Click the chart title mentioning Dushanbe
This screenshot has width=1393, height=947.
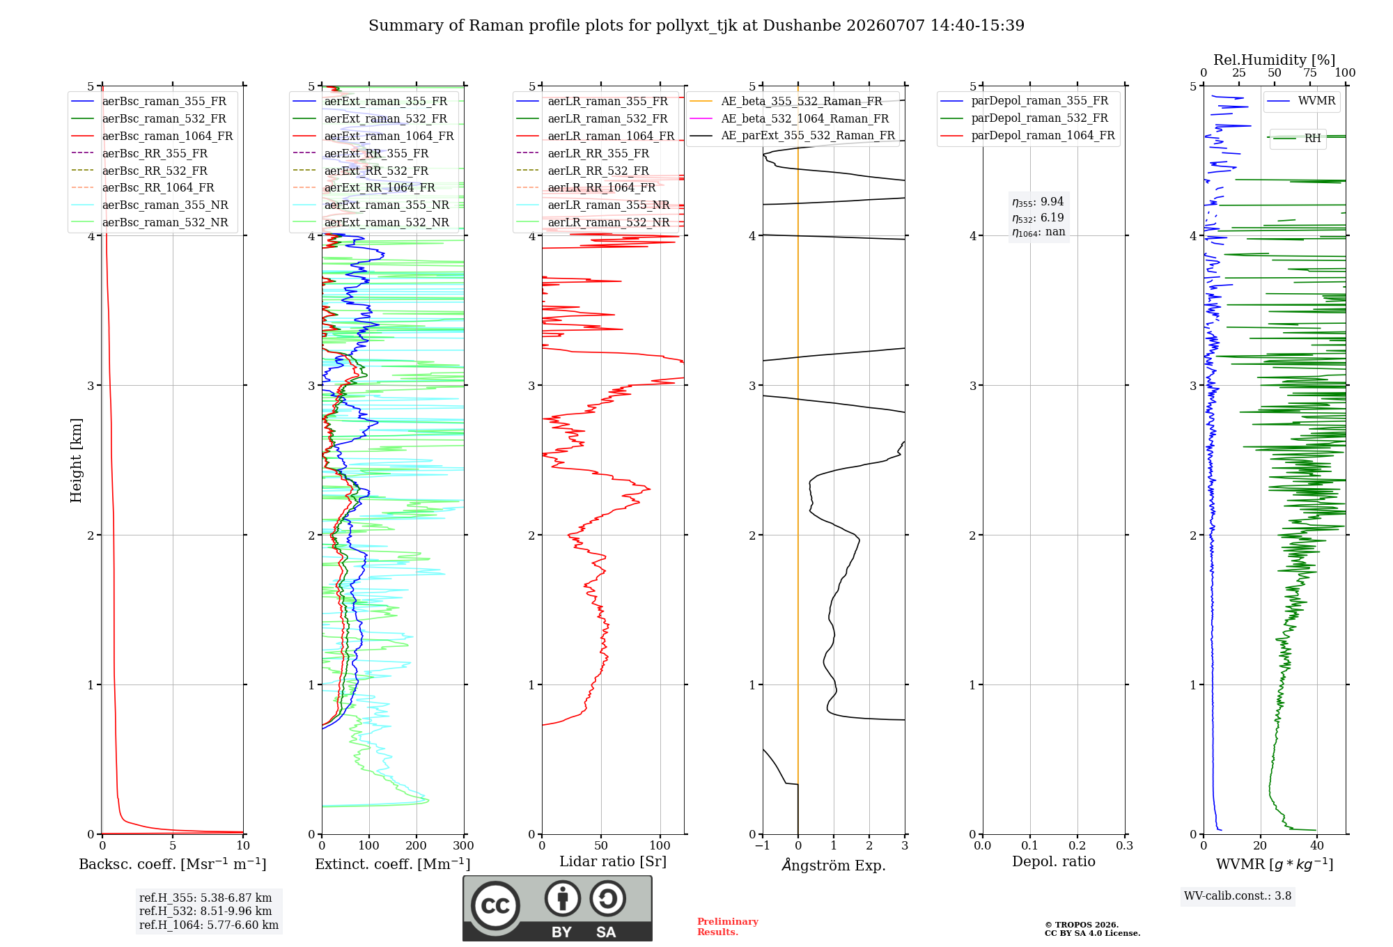coord(696,26)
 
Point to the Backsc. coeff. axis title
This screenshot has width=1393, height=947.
coord(173,864)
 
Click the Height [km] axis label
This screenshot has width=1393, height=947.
coord(76,460)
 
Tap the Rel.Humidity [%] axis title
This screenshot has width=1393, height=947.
coord(1275,60)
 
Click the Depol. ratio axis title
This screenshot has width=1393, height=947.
coord(1054,861)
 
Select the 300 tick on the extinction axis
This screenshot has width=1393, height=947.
coord(463,845)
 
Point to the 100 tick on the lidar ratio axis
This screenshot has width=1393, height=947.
coord(660,845)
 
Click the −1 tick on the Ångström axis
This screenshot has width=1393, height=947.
coord(763,845)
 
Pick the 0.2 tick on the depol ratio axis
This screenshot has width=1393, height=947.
coord(1077,845)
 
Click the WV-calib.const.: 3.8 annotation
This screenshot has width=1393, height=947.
coord(1238,895)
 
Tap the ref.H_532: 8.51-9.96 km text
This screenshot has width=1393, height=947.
coord(205,911)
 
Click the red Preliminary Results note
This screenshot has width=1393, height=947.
coord(728,927)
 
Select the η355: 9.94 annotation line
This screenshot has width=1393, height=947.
coord(1038,202)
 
